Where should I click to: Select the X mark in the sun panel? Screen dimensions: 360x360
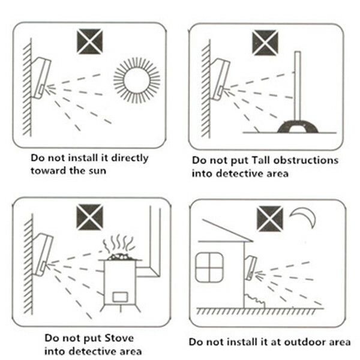90,41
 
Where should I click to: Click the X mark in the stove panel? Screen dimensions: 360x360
90,217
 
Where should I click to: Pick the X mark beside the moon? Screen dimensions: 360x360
270,219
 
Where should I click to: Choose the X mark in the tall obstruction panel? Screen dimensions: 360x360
265,43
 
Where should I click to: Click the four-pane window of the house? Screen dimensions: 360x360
209,267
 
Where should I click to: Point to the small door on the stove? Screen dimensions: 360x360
120,296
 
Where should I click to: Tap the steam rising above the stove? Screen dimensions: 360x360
118,244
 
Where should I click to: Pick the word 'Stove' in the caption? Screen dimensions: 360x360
119,338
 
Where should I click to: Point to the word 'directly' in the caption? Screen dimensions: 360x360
130,158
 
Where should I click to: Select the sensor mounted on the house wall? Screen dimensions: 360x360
250,268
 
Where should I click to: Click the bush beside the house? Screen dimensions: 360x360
254,301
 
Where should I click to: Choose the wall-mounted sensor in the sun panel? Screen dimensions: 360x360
41,77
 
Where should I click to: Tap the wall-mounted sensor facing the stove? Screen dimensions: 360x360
43,254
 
